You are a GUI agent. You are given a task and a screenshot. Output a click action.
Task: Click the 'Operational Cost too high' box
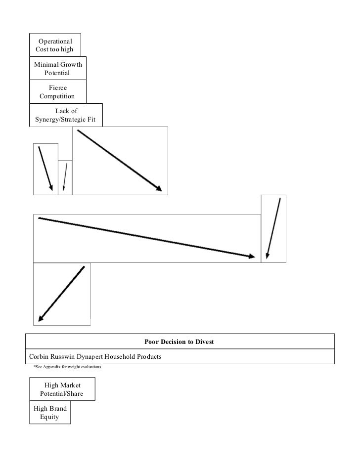pyautogui.click(x=55, y=45)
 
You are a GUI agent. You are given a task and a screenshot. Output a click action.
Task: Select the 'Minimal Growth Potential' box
pyautogui.click(x=57, y=69)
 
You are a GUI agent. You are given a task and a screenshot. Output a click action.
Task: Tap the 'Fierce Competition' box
pyautogui.click(x=57, y=91)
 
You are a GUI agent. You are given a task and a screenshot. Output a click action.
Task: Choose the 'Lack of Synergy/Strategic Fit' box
pyautogui.click(x=66, y=115)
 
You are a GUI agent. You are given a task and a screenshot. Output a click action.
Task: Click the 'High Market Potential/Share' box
pyautogui.click(x=62, y=389)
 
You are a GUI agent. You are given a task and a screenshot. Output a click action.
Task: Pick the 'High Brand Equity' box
pyautogui.click(x=49, y=413)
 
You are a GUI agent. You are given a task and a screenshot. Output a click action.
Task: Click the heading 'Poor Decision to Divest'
pyautogui.click(x=179, y=341)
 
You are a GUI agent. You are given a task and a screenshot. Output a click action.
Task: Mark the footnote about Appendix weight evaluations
pyautogui.click(x=67, y=367)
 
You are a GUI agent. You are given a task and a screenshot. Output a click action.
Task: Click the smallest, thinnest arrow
pyautogui.click(x=65, y=178)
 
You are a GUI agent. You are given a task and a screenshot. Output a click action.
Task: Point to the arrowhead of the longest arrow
pyautogui.click(x=252, y=256)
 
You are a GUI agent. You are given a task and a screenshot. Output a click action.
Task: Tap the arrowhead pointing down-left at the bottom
pyautogui.click(x=41, y=318)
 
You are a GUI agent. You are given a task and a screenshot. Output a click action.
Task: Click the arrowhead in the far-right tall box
pyautogui.click(x=268, y=255)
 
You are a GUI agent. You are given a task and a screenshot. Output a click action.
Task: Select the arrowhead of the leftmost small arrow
pyautogui.click(x=50, y=187)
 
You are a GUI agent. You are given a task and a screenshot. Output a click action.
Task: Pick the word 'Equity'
pyautogui.click(x=49, y=417)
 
